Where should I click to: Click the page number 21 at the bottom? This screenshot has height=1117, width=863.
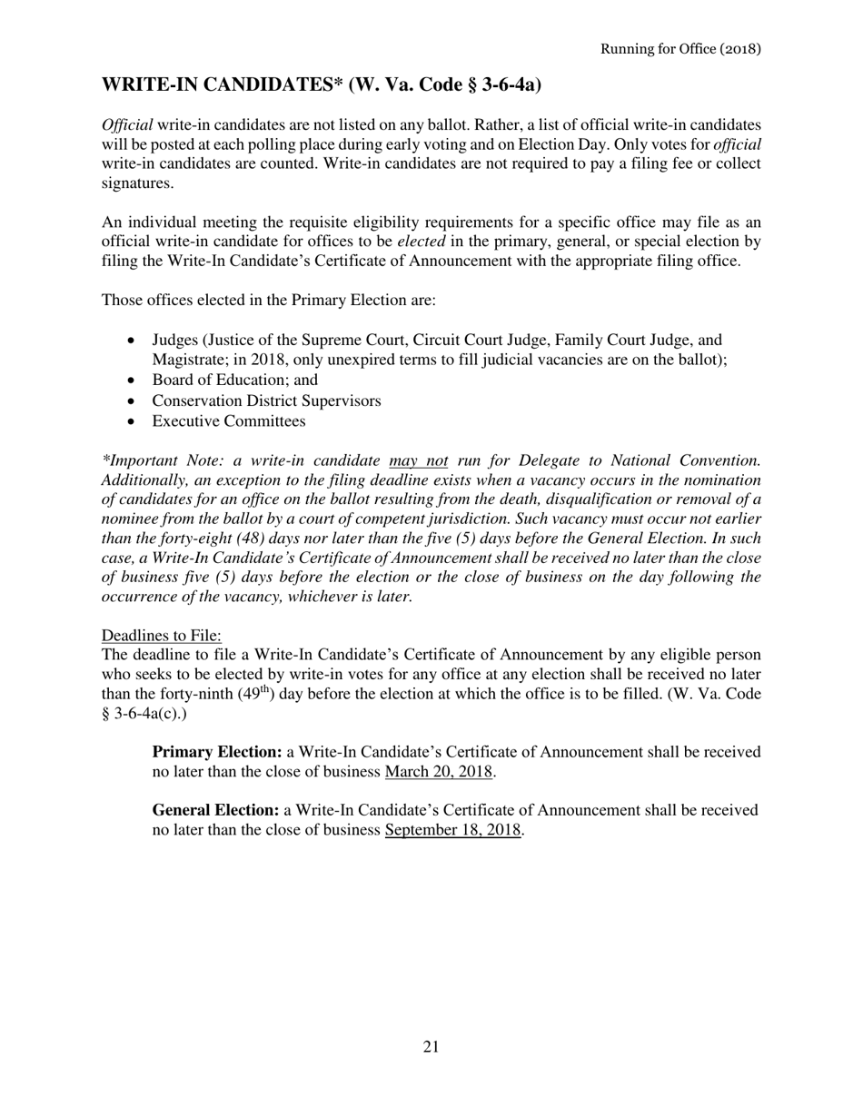[x=431, y=1047]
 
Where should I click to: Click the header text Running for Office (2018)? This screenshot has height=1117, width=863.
[x=679, y=48]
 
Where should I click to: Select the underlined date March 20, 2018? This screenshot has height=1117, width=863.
[x=439, y=772]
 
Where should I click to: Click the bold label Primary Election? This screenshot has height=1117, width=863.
[x=216, y=752]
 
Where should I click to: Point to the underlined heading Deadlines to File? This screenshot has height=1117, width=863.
[x=161, y=635]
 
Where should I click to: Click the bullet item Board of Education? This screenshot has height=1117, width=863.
[x=234, y=380]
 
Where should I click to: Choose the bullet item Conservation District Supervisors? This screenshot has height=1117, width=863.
[x=266, y=400]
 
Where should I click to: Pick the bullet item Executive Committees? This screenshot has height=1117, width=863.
[x=228, y=421]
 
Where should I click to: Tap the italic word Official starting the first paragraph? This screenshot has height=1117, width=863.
[x=127, y=124]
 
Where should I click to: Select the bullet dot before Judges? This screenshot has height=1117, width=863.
[x=133, y=341]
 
